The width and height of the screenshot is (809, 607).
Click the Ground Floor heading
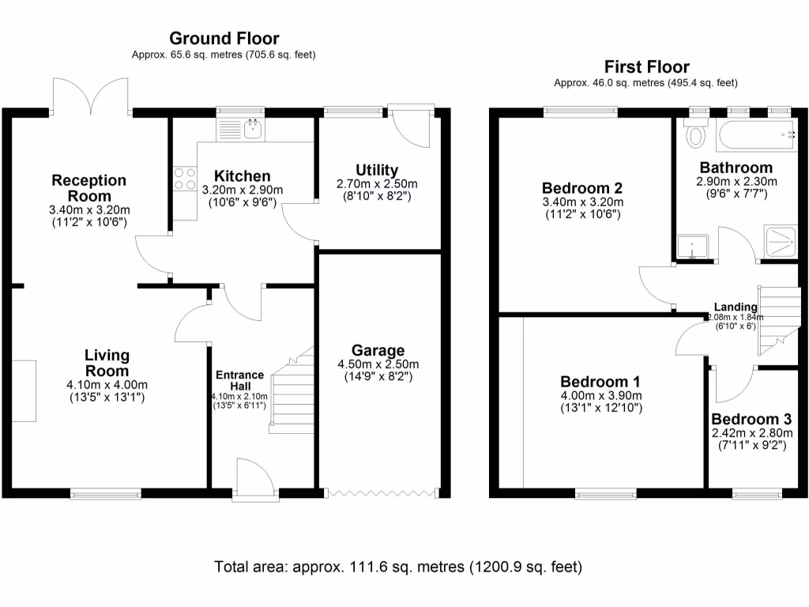[224, 38]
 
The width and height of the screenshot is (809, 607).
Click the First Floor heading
[646, 67]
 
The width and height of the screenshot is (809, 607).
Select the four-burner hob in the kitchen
[185, 178]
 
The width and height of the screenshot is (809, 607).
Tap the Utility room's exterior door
[414, 126]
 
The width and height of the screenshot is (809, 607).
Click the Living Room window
[106, 494]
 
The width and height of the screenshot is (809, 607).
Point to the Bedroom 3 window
[757, 494]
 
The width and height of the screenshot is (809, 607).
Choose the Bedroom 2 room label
[581, 188]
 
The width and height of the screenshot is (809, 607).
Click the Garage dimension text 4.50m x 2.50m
[378, 364]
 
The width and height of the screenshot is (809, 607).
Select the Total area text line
[398, 567]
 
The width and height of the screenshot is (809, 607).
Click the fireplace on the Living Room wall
[24, 391]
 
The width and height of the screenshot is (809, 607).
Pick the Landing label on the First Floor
[735, 307]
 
